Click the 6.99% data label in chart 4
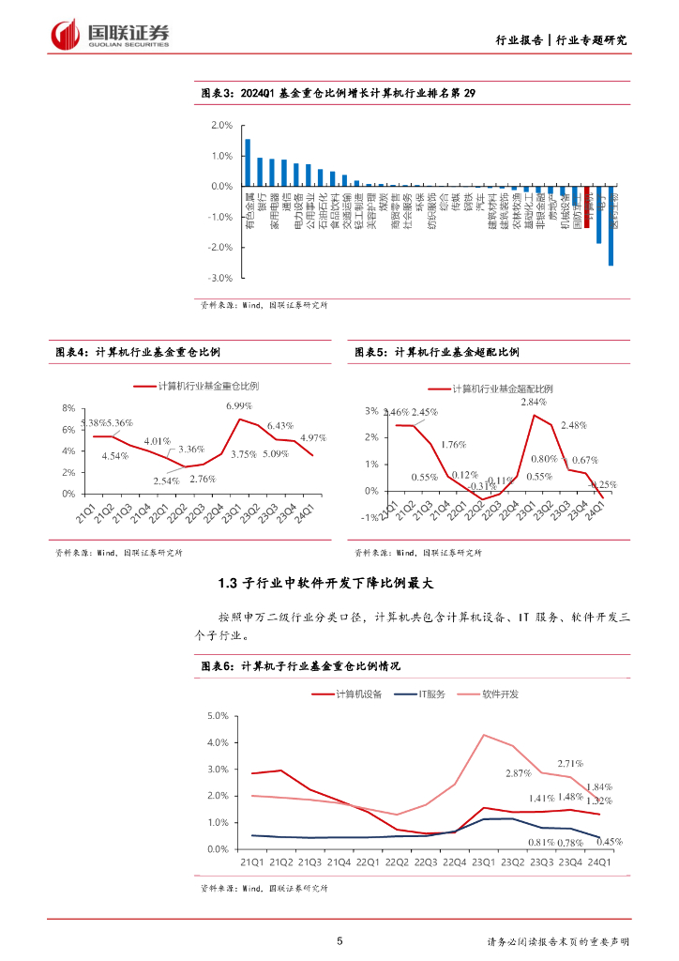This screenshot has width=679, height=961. point(239,405)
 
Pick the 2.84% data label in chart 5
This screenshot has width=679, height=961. point(546,402)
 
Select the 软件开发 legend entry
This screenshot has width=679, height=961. point(500,694)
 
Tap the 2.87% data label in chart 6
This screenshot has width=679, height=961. point(518,772)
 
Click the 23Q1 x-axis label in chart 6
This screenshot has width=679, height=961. point(483,861)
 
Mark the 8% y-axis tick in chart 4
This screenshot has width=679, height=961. point(68,408)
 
